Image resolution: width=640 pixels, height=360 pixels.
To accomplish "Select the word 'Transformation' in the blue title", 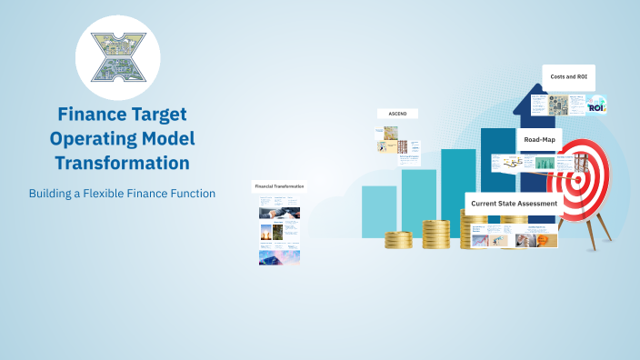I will tap(122, 163).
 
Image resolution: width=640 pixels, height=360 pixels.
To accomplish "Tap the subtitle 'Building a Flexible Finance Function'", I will tap(122, 194).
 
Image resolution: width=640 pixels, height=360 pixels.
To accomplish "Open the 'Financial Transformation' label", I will tap(279, 185).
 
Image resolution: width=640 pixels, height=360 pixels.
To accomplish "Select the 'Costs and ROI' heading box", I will tap(568, 76).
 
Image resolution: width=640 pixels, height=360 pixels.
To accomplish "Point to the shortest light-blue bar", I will tap(379, 211).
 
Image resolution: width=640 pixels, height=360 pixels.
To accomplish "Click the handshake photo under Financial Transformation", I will tap(278, 213).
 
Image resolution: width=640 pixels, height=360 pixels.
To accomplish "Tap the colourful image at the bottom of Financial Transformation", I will tap(280, 257).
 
